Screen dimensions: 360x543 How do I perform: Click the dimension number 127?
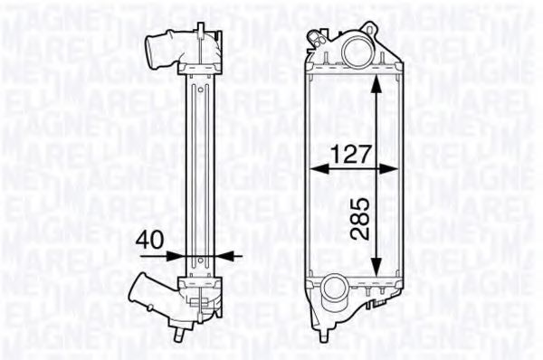(x=353, y=154)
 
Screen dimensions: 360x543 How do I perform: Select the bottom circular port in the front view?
(x=334, y=291)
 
